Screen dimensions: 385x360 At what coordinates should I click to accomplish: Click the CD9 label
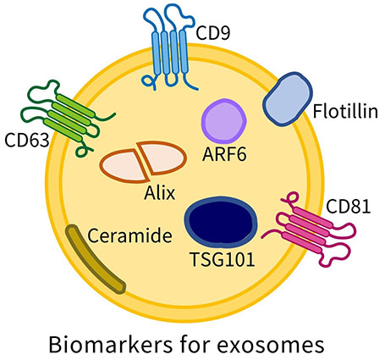[x=213, y=33]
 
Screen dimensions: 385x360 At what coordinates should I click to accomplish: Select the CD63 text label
[x=27, y=140]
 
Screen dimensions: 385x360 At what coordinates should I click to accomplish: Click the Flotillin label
[x=345, y=111]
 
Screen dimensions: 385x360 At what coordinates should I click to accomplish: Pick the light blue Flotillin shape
[x=288, y=99]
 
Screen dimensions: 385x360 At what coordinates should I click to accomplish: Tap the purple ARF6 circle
[x=223, y=121]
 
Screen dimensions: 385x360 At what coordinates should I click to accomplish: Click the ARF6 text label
[x=224, y=154]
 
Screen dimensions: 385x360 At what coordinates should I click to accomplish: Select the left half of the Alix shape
[x=123, y=166]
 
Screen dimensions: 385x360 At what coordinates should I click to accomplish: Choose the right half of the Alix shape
[x=162, y=158]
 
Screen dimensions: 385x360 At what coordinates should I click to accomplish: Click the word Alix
[x=160, y=193]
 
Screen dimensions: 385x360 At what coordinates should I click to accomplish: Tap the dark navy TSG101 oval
[x=221, y=220]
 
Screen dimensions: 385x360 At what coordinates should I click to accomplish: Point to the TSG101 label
[x=223, y=259]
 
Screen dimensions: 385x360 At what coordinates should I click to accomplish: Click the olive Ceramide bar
[x=95, y=259]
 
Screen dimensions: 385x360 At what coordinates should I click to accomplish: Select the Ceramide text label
[x=129, y=235]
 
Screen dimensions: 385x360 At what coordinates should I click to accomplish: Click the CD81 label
[x=348, y=207]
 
